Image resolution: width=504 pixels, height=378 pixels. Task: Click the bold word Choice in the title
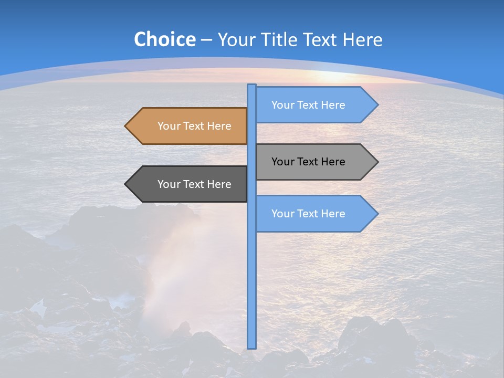tap(164, 39)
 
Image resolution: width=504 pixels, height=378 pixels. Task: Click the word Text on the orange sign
tap(194, 126)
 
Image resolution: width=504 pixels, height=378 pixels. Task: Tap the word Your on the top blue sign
tap(282, 105)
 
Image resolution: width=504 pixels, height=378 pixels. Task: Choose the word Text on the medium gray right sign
tap(308, 162)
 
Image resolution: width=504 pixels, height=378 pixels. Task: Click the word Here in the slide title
tap(363, 39)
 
